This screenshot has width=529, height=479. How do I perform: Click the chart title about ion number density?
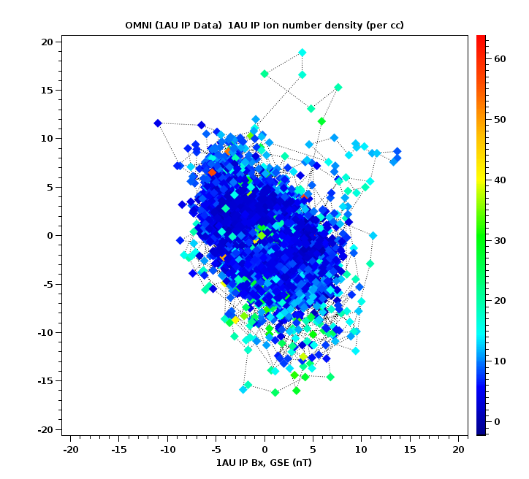click(x=264, y=26)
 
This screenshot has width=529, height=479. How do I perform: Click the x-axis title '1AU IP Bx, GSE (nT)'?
click(x=264, y=462)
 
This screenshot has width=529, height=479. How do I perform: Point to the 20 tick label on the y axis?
click(x=47, y=42)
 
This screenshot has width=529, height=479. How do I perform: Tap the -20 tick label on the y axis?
click(x=45, y=429)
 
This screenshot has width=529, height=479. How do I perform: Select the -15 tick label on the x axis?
click(x=119, y=448)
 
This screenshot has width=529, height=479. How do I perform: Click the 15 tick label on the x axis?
click(x=410, y=448)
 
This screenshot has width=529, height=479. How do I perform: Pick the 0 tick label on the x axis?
click(x=264, y=448)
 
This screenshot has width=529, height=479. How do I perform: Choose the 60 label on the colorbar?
click(x=500, y=59)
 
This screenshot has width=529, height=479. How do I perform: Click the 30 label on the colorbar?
click(x=500, y=240)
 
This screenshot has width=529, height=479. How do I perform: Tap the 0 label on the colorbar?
click(x=497, y=421)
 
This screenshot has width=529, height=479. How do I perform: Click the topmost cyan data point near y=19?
click(x=302, y=53)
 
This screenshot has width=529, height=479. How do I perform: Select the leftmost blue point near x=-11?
click(x=158, y=123)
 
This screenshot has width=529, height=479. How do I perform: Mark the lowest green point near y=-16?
click(x=275, y=392)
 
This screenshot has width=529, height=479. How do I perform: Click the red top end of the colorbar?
click(x=481, y=38)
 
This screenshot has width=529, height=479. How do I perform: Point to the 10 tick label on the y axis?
click(x=47, y=138)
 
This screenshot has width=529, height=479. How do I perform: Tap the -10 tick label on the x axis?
click(x=167, y=448)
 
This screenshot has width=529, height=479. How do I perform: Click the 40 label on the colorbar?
click(x=500, y=180)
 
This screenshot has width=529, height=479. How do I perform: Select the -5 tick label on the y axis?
click(x=47, y=284)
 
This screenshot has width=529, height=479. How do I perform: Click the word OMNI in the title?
click(x=138, y=26)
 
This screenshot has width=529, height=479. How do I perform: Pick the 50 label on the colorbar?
click(x=500, y=120)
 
